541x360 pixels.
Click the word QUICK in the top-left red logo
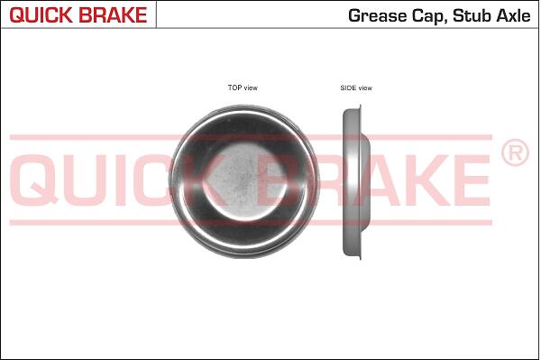click(41, 14)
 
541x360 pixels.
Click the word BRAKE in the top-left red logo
click(114, 14)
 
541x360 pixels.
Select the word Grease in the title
click(378, 16)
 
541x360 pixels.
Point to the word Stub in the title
click(472, 16)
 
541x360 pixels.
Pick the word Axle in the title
click(513, 16)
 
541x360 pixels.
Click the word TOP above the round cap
click(234, 88)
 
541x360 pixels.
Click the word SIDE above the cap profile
click(348, 88)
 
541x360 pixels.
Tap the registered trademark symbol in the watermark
click(515, 152)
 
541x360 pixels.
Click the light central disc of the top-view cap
click(244, 182)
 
